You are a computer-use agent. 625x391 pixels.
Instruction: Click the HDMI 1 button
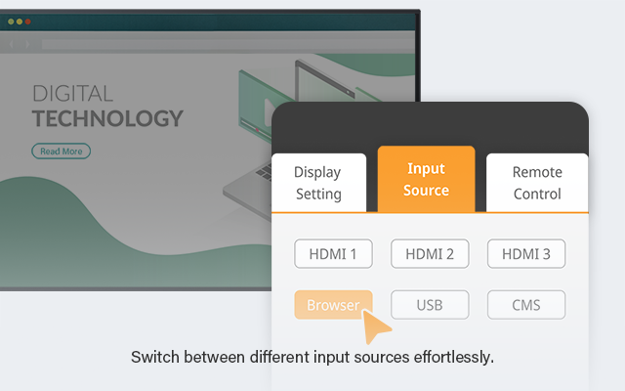coord(333,254)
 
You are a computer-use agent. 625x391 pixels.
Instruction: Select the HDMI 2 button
coord(430,254)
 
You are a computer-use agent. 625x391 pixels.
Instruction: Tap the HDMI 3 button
coord(526,254)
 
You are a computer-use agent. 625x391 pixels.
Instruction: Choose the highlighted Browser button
coord(333,305)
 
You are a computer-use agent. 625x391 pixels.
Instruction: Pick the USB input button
coord(430,305)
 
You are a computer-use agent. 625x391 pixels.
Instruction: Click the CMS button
coord(526,305)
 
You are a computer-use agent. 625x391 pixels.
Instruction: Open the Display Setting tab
coord(318,183)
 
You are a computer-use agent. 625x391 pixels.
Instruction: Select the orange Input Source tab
coord(426,179)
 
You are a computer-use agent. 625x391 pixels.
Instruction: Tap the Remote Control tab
coord(537,183)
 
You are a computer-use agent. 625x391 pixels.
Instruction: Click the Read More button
coord(61,152)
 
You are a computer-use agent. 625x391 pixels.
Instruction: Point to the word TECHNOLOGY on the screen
coord(107,118)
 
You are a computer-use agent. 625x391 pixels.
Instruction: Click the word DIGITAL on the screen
coord(72,94)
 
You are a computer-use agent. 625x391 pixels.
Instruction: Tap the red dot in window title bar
coord(28,22)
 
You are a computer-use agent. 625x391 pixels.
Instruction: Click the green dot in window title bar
coord(11,22)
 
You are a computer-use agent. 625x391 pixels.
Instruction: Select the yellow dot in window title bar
coord(20,22)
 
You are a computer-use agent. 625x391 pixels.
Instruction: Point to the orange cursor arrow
coord(374,326)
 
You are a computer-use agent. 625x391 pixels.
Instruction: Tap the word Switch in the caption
coord(155,357)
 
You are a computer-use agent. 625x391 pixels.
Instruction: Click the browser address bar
coord(228,44)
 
